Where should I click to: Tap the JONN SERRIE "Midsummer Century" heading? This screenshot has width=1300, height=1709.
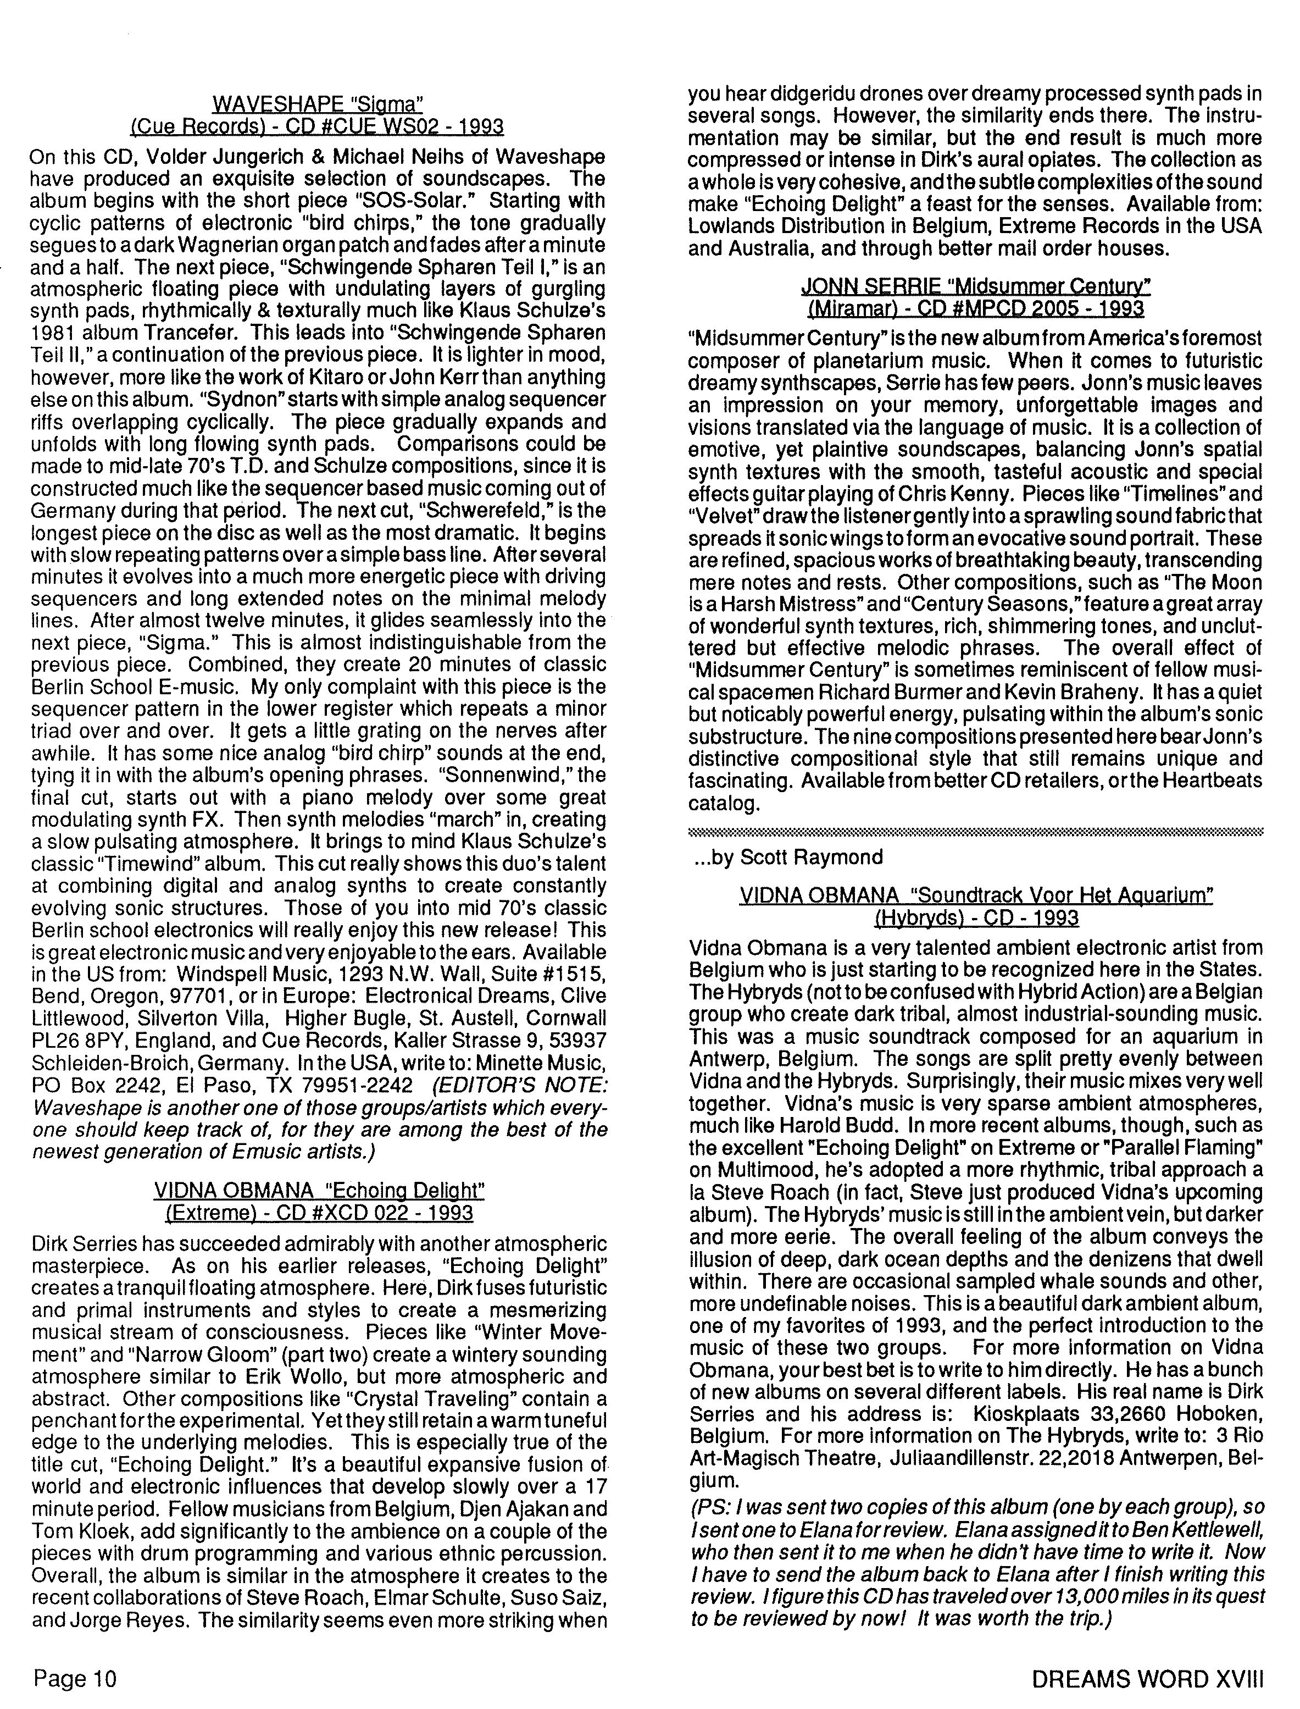pyautogui.click(x=975, y=287)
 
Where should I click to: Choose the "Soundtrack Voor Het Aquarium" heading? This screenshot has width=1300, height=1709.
pyautogui.click(x=976, y=895)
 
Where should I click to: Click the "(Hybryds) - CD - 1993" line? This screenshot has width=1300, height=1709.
pyautogui.click(x=976, y=918)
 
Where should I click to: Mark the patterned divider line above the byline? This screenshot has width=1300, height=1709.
pyautogui.click(x=975, y=832)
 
